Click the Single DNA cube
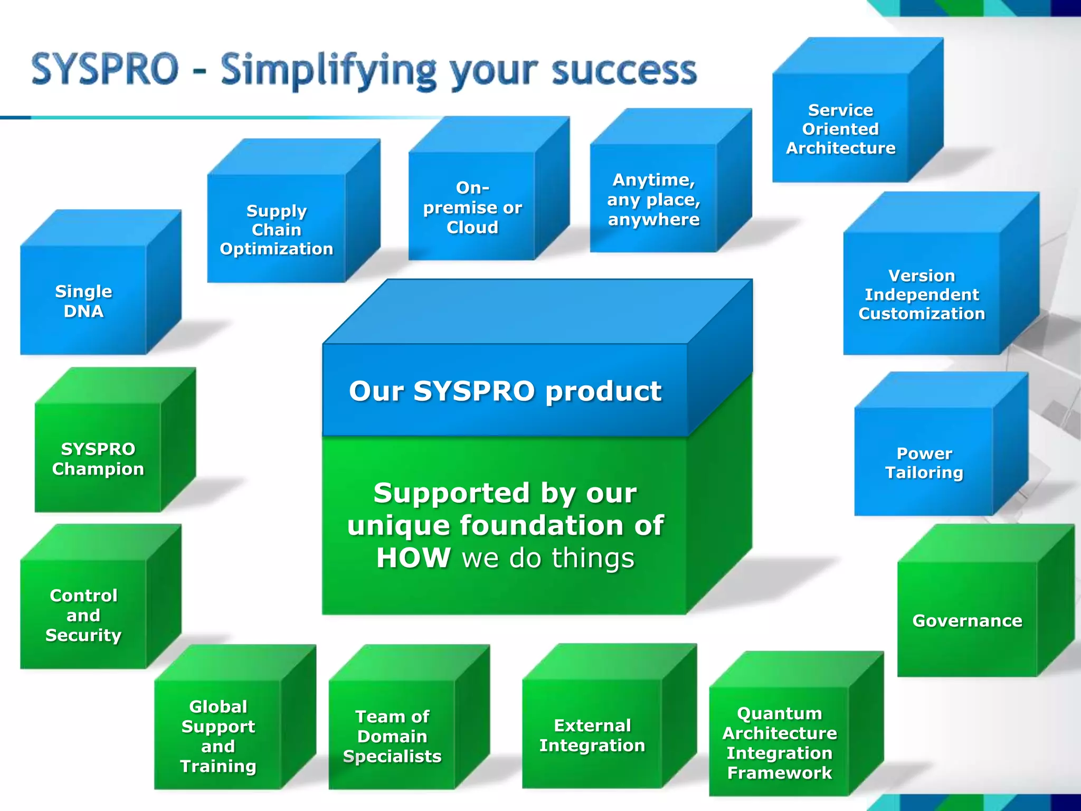coord(84,300)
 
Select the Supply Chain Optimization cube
coord(277,229)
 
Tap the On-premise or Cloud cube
coord(472,207)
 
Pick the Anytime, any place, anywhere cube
coord(653,199)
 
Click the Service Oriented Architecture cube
coord(840,129)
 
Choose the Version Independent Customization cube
coord(922,294)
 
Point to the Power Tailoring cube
coord(924,463)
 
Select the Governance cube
coord(967,620)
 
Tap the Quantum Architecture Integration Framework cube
coord(779,742)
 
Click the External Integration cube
coord(592,735)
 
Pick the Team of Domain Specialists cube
coord(392,736)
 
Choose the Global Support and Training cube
coord(218,736)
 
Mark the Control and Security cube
coord(83,615)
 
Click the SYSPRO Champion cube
coord(98,459)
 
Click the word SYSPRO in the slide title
coord(106,69)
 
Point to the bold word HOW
coord(413,558)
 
